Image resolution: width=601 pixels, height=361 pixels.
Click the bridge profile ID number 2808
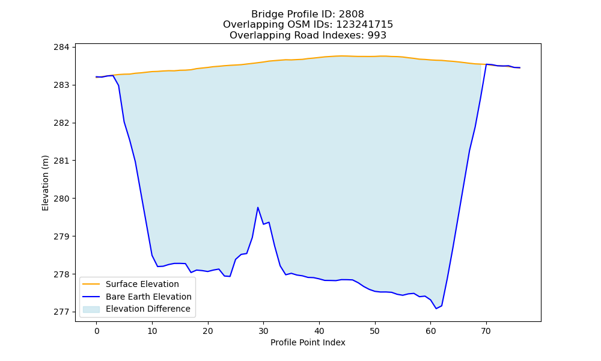tap(351, 14)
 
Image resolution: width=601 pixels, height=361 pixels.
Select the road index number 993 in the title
tap(377, 35)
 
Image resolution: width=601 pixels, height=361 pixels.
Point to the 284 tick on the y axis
tap(61, 47)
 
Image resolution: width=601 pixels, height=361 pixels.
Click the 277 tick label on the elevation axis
tap(61, 312)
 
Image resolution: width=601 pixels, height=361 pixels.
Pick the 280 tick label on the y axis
tap(61, 199)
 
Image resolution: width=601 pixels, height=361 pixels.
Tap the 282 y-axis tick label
tap(61, 123)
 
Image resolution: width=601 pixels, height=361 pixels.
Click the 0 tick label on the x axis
tap(97, 331)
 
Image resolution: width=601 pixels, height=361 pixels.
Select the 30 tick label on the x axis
tap(263, 331)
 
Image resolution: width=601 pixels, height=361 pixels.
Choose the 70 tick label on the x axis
tap(486, 331)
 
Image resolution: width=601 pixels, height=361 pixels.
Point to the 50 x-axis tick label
tap(375, 331)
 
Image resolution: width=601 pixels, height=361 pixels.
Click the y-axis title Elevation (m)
tap(45, 183)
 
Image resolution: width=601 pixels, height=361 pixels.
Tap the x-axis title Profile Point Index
tap(308, 342)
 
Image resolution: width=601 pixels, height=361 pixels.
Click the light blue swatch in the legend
tap(91, 309)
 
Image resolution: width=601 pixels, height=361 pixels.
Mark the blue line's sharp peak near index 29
tap(258, 208)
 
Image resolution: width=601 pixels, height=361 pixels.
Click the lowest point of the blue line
tap(436, 309)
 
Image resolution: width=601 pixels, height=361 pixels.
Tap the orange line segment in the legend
tap(91, 284)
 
